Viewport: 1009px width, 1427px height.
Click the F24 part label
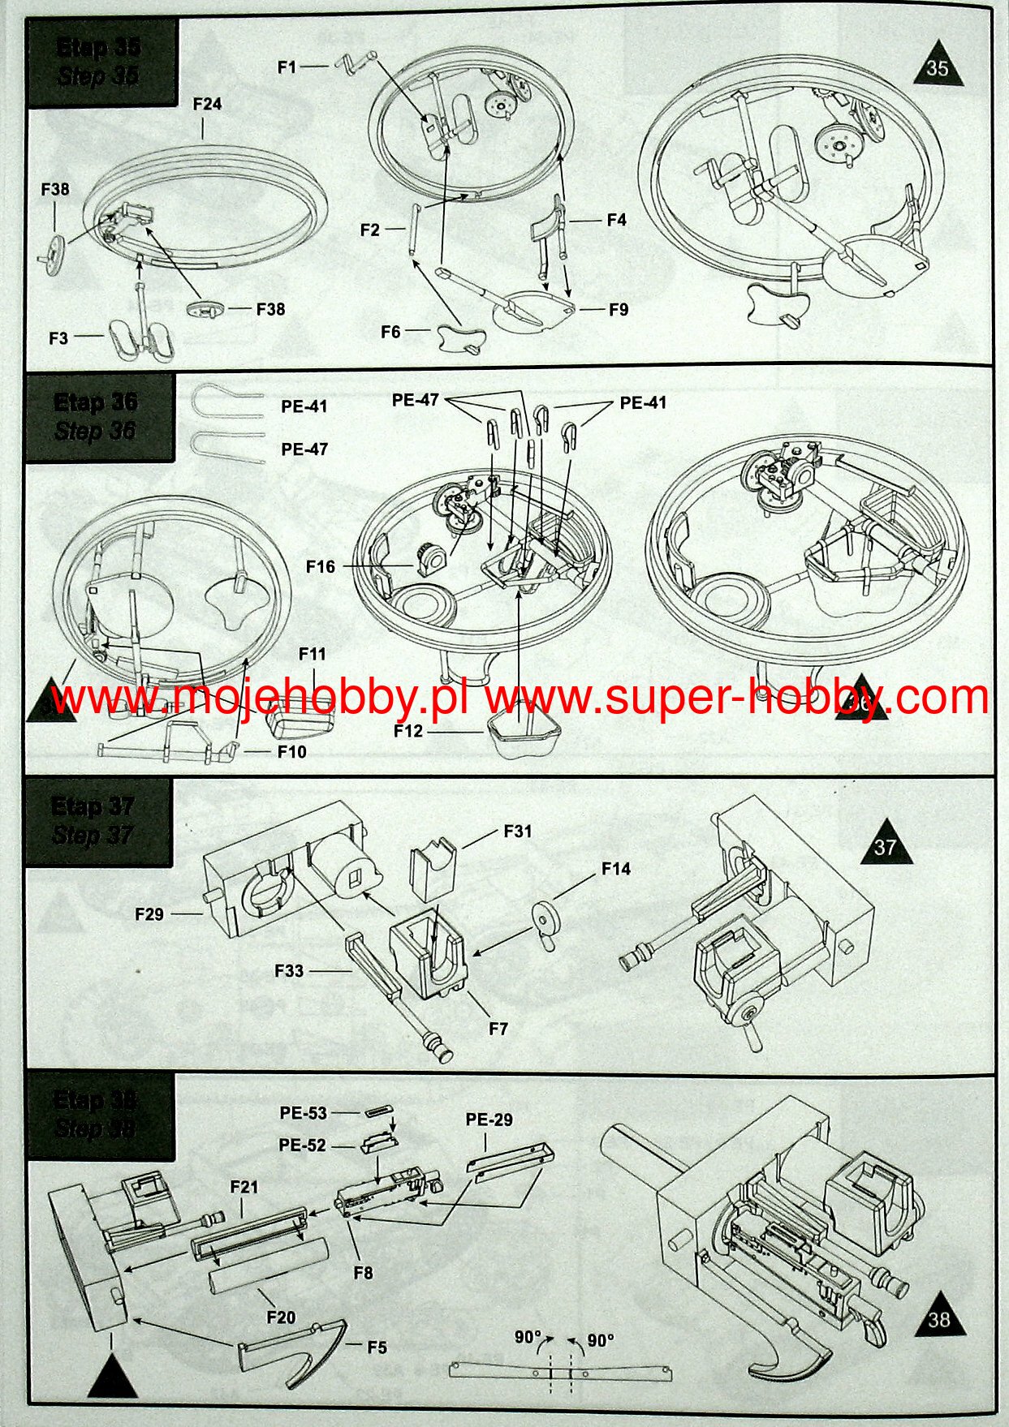(207, 105)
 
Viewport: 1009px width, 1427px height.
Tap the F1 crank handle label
(287, 67)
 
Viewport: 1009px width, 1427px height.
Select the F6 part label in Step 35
(390, 332)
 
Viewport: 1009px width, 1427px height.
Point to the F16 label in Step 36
(321, 566)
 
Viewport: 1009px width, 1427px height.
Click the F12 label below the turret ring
(408, 731)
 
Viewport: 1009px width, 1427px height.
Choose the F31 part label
(518, 831)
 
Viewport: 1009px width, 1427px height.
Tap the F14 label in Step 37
(616, 869)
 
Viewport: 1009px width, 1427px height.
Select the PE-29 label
(489, 1120)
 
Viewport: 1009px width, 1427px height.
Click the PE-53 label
(303, 1114)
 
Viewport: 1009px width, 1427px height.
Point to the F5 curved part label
(377, 1347)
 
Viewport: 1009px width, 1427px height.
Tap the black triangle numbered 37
(885, 845)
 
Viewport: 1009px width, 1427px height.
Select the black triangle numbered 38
(938, 1318)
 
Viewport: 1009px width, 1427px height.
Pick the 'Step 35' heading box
(101, 62)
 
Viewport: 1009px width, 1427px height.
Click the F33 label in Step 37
(288, 970)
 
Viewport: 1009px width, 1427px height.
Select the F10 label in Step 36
(291, 752)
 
